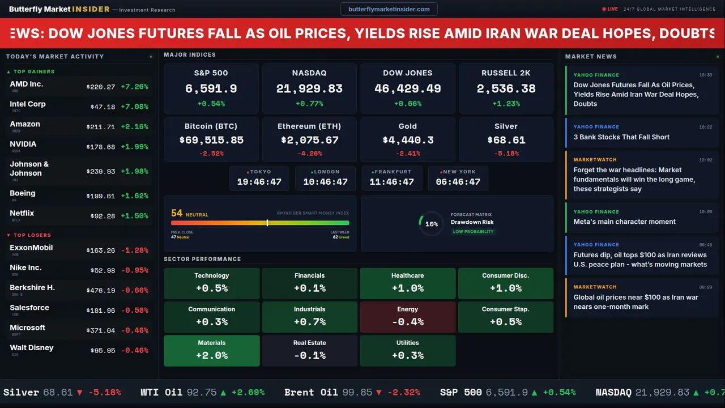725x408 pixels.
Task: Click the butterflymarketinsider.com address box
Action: click(389, 9)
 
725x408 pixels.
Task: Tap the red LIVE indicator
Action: click(611, 9)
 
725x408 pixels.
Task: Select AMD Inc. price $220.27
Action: click(100, 87)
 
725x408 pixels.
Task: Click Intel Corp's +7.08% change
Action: click(134, 107)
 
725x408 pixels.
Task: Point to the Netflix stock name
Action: click(22, 213)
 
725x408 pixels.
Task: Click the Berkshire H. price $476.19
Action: click(100, 290)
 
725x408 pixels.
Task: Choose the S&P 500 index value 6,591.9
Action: click(211, 89)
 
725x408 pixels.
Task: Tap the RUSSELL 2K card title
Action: click(506, 73)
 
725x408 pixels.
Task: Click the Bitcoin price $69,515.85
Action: click(211, 140)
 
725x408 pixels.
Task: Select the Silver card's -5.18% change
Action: click(506, 154)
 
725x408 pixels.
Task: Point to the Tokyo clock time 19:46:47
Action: click(259, 182)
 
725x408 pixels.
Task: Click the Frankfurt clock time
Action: click(391, 182)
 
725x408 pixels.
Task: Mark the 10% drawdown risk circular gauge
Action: click(431, 224)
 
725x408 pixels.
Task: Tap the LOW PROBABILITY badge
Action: click(473, 232)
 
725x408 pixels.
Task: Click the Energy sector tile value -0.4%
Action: click(407, 322)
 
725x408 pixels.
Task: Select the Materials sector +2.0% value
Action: click(211, 355)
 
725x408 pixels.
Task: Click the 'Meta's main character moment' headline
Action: click(624, 222)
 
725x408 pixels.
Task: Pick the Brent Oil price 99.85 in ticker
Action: click(357, 392)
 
